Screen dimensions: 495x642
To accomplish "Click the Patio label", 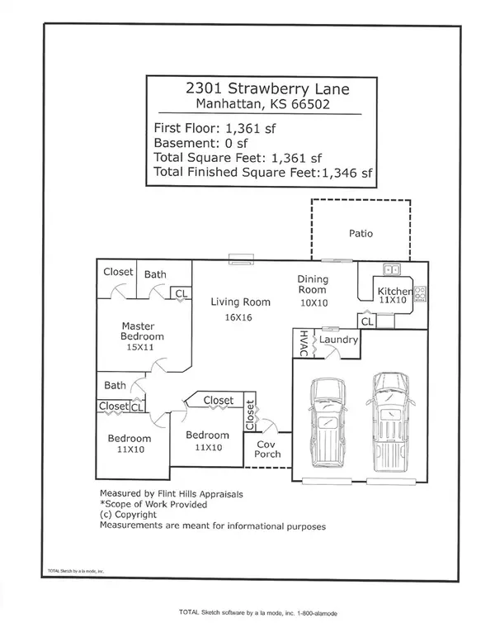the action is click(x=361, y=233).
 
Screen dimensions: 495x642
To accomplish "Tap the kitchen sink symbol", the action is click(x=392, y=270).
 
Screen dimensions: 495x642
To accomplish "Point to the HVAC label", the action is click(x=304, y=343).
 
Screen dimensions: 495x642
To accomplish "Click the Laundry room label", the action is click(x=338, y=340).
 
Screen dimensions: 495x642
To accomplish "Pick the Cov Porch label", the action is click(x=267, y=449).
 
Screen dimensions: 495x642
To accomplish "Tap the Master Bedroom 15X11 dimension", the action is click(x=139, y=347).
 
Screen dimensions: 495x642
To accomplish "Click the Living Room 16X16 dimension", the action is click(x=238, y=317).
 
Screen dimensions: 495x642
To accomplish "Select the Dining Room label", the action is click(x=313, y=284).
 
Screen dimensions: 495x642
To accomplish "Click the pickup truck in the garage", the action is click(x=390, y=421).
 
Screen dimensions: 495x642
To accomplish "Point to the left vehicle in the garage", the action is click(x=328, y=422).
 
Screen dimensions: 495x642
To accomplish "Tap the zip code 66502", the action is click(x=310, y=104).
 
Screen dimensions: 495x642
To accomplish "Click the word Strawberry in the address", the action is click(x=270, y=89).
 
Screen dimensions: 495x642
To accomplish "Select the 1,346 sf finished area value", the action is click(x=347, y=173).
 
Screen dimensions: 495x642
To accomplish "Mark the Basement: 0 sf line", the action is click(x=200, y=143).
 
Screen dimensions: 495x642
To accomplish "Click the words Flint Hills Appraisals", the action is click(x=200, y=494).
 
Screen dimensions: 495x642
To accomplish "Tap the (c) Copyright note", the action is click(x=128, y=515).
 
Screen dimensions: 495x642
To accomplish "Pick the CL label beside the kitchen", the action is click(x=367, y=321).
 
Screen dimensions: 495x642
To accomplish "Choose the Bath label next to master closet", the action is click(x=155, y=274).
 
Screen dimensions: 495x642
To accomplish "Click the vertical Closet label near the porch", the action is click(x=250, y=415).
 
